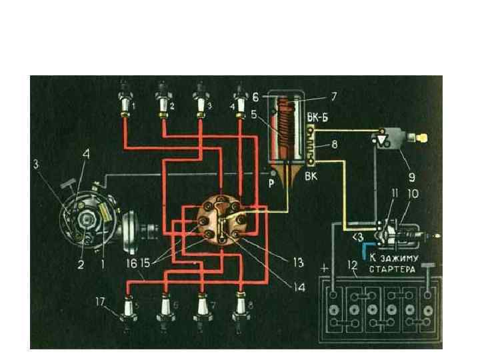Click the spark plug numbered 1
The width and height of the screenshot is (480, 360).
pos(125,100)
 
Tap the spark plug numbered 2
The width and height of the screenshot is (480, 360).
pos(163,100)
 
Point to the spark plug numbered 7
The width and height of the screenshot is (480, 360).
pos(200,303)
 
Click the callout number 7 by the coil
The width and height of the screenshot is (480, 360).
pos(333,96)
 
